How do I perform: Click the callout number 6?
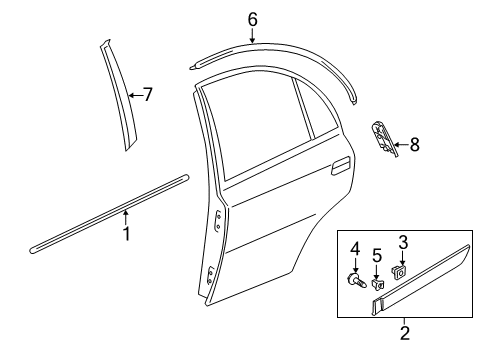tap(253, 20)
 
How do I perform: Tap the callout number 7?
tap(148, 95)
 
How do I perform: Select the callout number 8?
tap(415, 145)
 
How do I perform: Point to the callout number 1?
tap(126, 234)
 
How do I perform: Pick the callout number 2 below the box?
tap(405, 333)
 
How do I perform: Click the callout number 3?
tap(403, 242)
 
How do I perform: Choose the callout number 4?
tap(355, 249)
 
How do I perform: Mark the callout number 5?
tap(377, 256)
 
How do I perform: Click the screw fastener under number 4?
tap(356, 280)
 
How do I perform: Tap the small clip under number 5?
tap(377, 284)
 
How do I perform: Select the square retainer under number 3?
tap(398, 272)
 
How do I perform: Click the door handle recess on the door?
tap(340, 166)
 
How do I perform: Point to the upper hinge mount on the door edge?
tap(217, 221)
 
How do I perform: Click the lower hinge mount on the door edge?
tap(210, 275)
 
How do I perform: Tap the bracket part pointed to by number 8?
tap(384, 138)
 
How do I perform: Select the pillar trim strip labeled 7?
tap(118, 95)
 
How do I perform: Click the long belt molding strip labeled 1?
tap(109, 214)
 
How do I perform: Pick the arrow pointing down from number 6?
tap(252, 35)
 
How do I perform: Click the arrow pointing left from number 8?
tap(401, 145)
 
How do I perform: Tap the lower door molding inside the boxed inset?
tap(421, 280)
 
